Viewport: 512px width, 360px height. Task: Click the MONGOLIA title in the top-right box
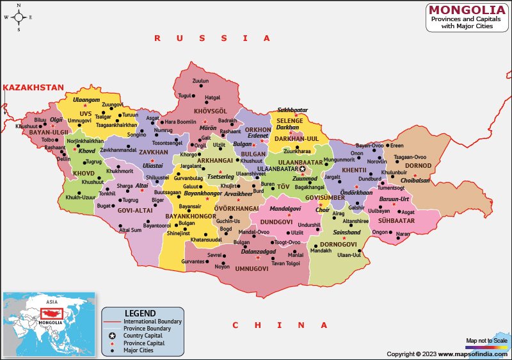pyautogui.click(x=467, y=10)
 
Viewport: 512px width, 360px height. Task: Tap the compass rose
pyautogui.click(x=19, y=17)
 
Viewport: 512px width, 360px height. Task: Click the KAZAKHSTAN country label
pyautogui.click(x=33, y=87)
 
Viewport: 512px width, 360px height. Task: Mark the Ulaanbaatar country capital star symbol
pyautogui.click(x=312, y=169)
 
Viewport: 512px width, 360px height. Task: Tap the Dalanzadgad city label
pyautogui.click(x=258, y=251)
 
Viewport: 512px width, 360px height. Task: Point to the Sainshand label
pyautogui.click(x=347, y=233)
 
